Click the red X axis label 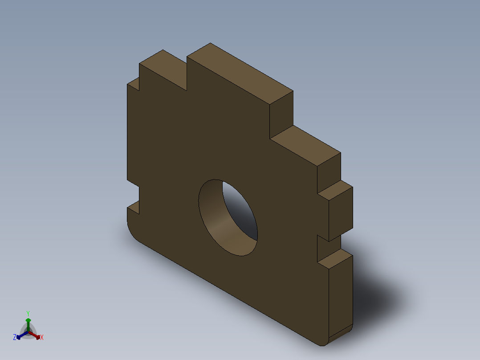(42, 337)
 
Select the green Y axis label (28, 313)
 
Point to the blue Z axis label (15, 337)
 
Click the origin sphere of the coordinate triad (28, 331)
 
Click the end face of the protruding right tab (341, 214)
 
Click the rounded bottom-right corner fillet (341, 337)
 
